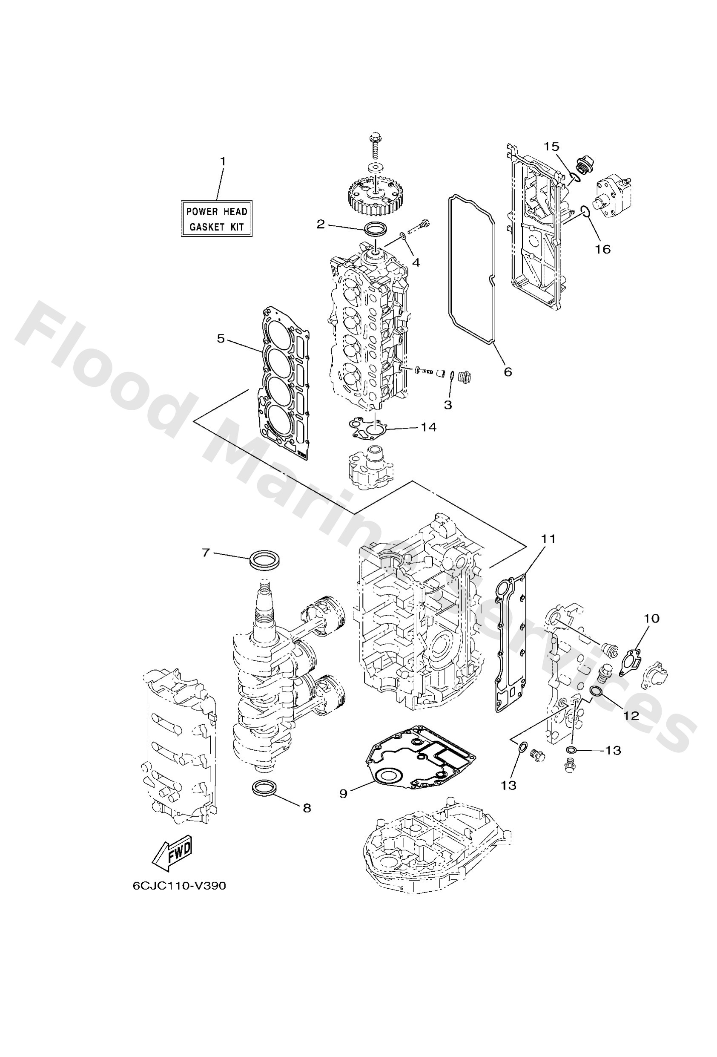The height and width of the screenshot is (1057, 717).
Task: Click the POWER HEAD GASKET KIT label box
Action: (216, 218)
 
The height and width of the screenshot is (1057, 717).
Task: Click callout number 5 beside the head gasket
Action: (221, 338)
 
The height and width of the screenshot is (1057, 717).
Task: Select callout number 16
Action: (603, 249)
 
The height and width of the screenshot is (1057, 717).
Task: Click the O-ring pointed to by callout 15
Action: (574, 177)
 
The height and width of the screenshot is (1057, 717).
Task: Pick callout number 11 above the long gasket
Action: (548, 539)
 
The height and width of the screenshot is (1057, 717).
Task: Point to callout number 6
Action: (508, 372)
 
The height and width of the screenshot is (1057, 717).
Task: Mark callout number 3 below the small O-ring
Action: (448, 405)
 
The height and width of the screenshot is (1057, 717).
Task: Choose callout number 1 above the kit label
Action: (223, 161)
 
